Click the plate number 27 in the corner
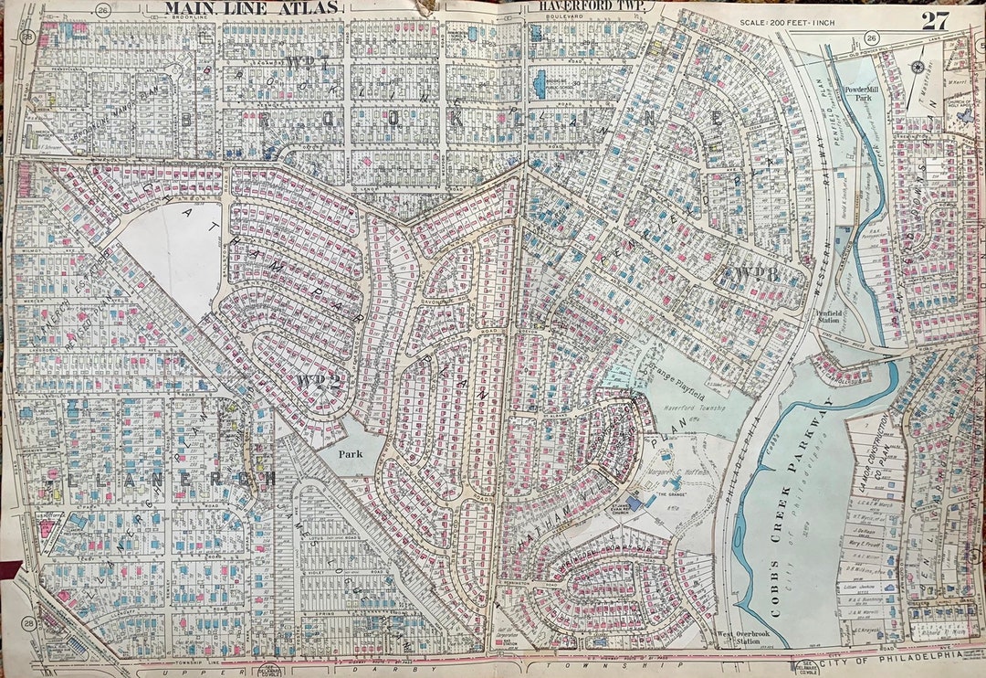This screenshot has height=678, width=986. pos(935,20)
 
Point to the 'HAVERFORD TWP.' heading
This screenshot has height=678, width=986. pos(591,6)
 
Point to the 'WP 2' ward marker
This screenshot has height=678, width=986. pos(317,380)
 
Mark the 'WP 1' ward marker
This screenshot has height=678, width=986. pos(305,63)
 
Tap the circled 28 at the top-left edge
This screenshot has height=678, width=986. pos(28,37)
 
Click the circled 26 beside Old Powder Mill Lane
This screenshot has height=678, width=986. pos(872,37)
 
